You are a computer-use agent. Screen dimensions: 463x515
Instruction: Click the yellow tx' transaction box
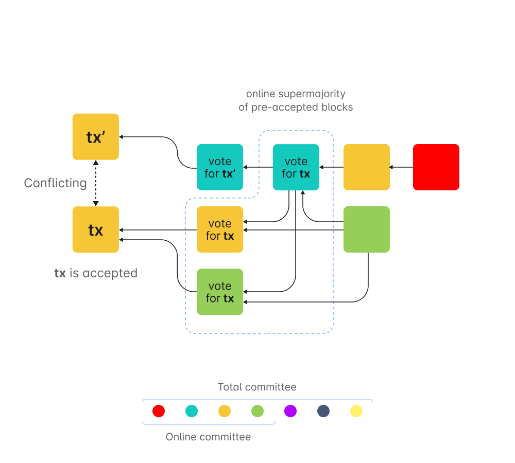[96, 136]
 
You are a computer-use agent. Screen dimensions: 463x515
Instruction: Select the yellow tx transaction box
[96, 229]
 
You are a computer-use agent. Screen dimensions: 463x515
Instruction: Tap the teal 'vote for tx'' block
[220, 167]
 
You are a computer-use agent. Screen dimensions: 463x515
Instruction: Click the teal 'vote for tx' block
[296, 167]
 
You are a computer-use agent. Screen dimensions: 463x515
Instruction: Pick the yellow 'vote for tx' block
[220, 229]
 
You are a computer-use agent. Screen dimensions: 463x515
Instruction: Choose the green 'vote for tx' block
[220, 292]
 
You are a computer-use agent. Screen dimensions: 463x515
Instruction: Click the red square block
[436, 167]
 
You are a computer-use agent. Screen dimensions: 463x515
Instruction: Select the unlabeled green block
[367, 229]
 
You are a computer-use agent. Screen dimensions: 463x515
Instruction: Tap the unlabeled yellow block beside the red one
[367, 167]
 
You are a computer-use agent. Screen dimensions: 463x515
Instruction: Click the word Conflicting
[55, 183]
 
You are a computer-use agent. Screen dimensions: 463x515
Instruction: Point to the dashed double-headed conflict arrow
[96, 183]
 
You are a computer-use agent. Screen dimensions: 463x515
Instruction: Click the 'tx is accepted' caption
[96, 273]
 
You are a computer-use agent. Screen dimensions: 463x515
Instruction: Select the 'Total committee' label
[257, 387]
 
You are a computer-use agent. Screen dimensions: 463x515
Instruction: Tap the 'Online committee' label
[208, 437]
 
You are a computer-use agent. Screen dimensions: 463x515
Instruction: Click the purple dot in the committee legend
[290, 411]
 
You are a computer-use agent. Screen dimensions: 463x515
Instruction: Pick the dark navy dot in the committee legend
[323, 411]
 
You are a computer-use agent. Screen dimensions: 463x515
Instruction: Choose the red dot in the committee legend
[159, 411]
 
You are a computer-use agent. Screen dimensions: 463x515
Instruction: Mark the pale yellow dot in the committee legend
[356, 411]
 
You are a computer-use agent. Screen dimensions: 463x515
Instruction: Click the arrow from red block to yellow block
[402, 167]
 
